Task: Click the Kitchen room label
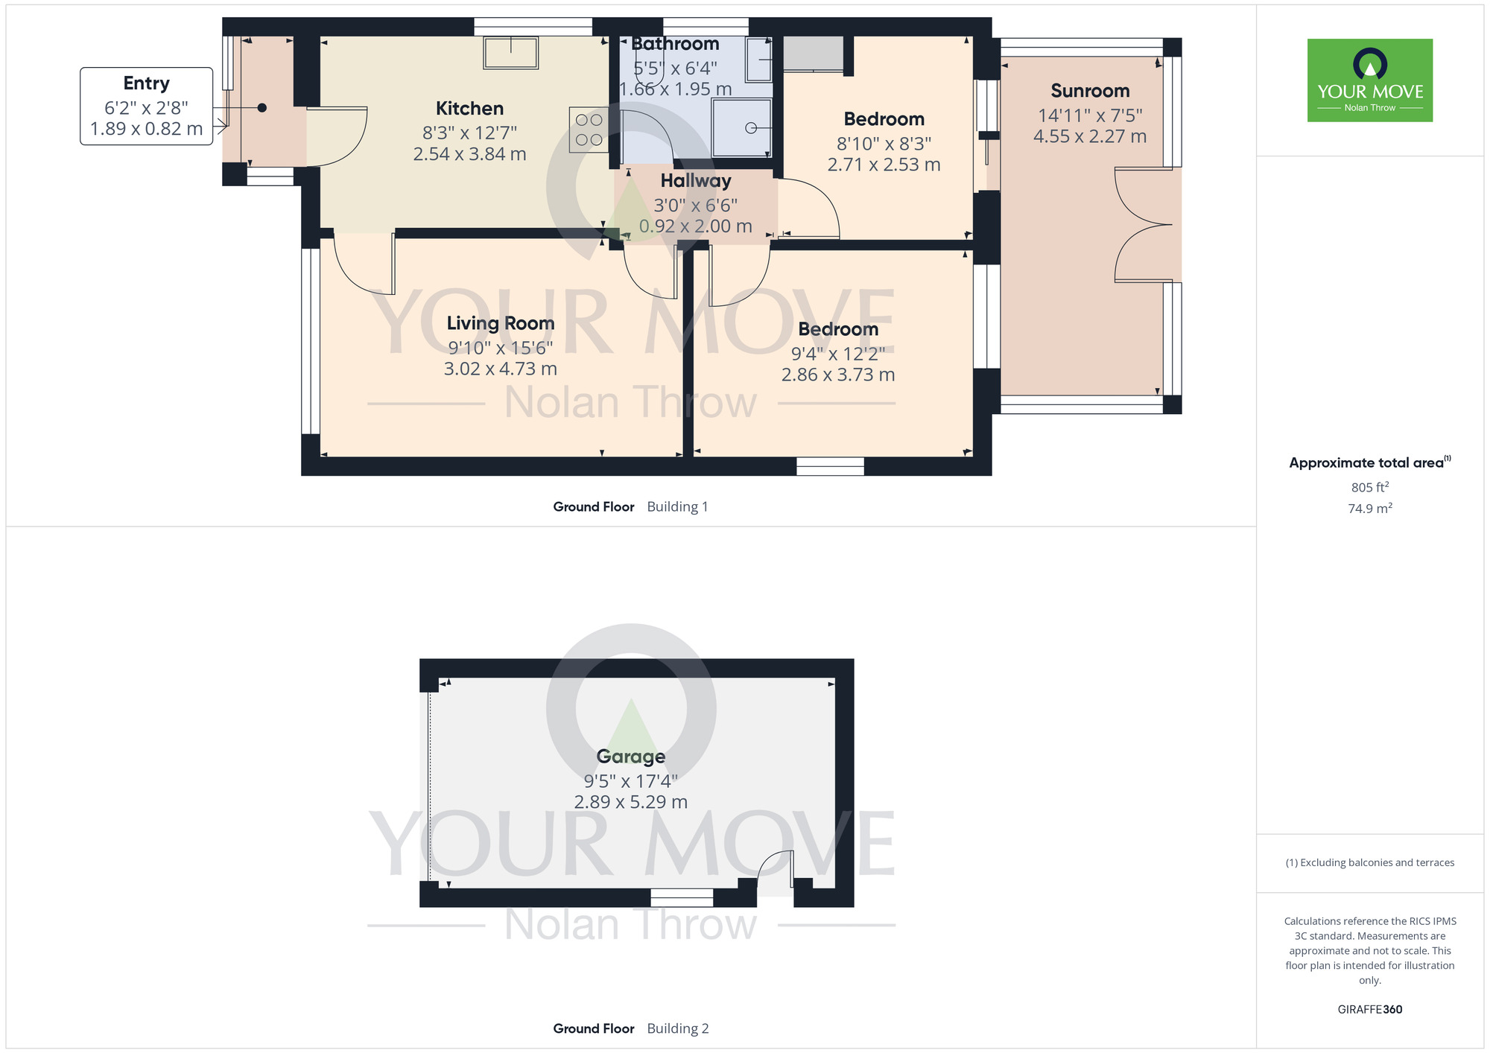(x=469, y=109)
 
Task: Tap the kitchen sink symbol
(x=511, y=53)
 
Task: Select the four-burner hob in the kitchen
(x=589, y=130)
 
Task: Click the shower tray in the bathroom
(x=741, y=128)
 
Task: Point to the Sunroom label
(x=1090, y=91)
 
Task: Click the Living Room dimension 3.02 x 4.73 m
(x=500, y=369)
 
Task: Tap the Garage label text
(x=630, y=757)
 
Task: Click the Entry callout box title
(x=146, y=83)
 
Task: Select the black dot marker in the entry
(x=262, y=108)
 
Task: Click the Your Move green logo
(x=1369, y=80)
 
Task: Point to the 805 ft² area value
(x=1369, y=488)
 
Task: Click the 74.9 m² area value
(x=1369, y=509)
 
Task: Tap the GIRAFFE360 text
(x=1369, y=1010)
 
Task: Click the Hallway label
(x=695, y=181)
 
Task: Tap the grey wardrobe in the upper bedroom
(x=813, y=54)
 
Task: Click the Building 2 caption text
(x=677, y=1028)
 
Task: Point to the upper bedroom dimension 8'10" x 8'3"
(x=884, y=144)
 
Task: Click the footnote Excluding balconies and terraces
(x=1369, y=863)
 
